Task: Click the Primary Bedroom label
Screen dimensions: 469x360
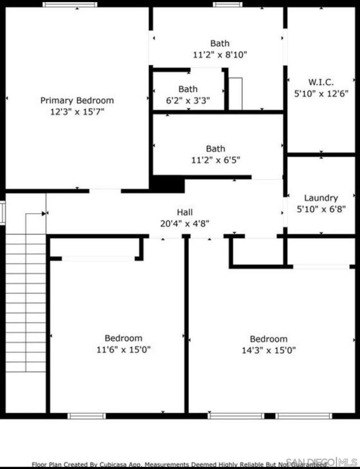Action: click(x=77, y=100)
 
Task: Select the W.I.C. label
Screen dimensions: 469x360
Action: click(x=321, y=82)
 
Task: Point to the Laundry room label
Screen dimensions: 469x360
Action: click(x=321, y=198)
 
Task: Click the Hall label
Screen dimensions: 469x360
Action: click(x=185, y=212)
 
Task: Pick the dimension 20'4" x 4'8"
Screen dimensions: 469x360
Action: click(x=185, y=224)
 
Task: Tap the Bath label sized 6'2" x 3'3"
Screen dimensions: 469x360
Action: click(x=188, y=89)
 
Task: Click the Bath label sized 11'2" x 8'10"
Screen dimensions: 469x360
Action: click(x=220, y=44)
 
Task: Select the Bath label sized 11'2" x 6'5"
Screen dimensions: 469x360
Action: click(x=215, y=148)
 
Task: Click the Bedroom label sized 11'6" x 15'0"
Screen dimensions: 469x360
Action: click(x=123, y=338)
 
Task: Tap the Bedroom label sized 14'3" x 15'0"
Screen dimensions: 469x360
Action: click(x=268, y=339)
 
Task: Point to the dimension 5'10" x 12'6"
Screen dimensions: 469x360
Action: click(x=321, y=93)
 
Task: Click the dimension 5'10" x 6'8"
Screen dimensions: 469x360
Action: click(x=321, y=209)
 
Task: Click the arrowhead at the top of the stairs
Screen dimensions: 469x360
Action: click(x=44, y=213)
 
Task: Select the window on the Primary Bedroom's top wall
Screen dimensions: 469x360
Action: click(x=70, y=5)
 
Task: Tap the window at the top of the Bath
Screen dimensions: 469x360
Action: click(x=227, y=5)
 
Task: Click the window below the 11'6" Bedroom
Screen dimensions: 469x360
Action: click(x=87, y=416)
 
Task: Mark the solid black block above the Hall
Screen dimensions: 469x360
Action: click(x=168, y=184)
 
